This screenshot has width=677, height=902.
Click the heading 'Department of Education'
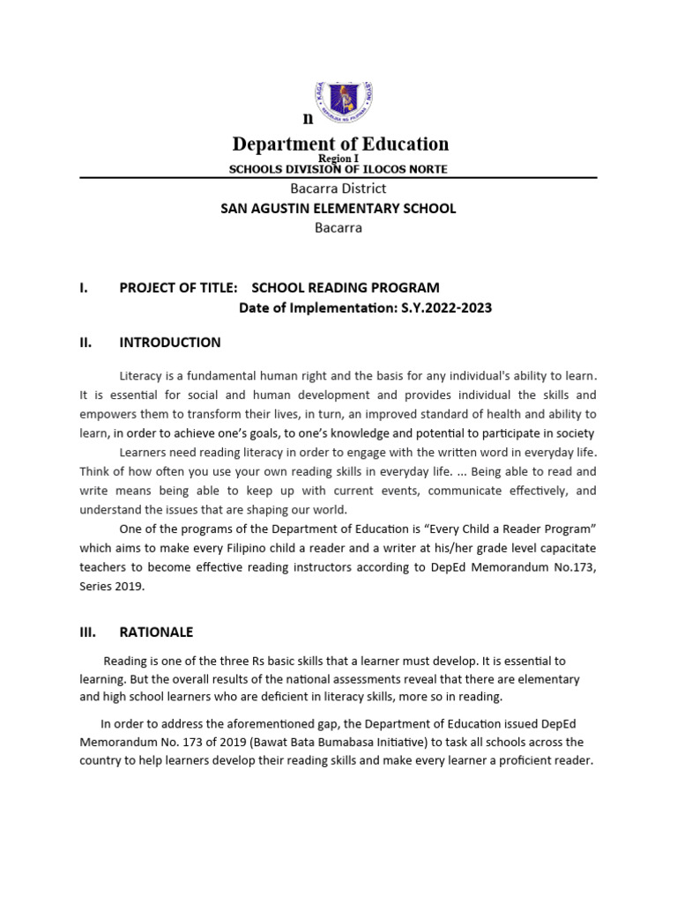(x=340, y=144)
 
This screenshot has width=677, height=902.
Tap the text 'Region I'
(x=338, y=159)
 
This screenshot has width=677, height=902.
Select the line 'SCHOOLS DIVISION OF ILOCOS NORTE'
(x=338, y=169)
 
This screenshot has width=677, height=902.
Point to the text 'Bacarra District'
(x=338, y=189)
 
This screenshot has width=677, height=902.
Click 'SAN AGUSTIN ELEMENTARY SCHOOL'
(x=338, y=209)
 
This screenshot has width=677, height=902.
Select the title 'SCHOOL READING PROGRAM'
(x=346, y=288)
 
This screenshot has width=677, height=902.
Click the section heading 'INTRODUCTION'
(x=170, y=343)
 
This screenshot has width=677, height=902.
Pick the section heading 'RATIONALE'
(x=156, y=632)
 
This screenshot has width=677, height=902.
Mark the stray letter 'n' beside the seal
(x=308, y=119)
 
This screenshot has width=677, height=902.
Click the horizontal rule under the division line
(x=338, y=177)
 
